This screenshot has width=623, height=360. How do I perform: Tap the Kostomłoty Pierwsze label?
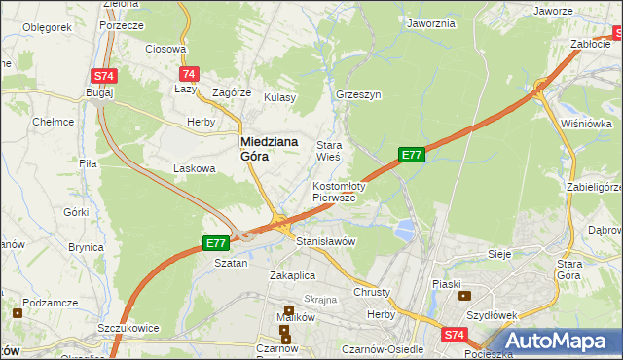338,191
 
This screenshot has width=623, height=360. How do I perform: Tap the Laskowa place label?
193,168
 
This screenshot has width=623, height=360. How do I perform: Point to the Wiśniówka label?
586,125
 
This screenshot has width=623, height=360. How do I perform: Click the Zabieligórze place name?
593,188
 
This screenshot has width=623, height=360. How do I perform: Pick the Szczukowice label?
128,329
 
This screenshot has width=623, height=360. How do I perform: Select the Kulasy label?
279,97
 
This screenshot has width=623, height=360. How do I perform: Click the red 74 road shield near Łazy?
189,74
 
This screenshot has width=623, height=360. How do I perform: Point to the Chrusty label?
372,292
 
